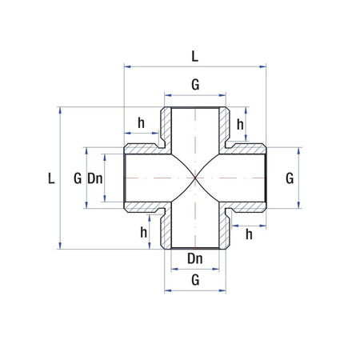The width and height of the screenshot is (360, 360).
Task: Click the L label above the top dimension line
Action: [195, 57]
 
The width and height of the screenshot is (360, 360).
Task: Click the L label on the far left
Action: [51, 178]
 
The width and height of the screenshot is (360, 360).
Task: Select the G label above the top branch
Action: [195, 85]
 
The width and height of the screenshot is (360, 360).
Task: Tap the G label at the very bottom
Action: [195, 280]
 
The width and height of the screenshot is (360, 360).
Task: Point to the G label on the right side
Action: [290, 178]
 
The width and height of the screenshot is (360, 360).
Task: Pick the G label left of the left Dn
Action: [78, 178]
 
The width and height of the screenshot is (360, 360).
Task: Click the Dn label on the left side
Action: [95, 178]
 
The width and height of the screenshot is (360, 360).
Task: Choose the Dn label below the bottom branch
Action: [195, 258]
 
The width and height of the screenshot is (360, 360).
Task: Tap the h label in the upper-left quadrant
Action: [141, 123]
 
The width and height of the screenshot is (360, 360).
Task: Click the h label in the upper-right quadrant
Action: [240, 125]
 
